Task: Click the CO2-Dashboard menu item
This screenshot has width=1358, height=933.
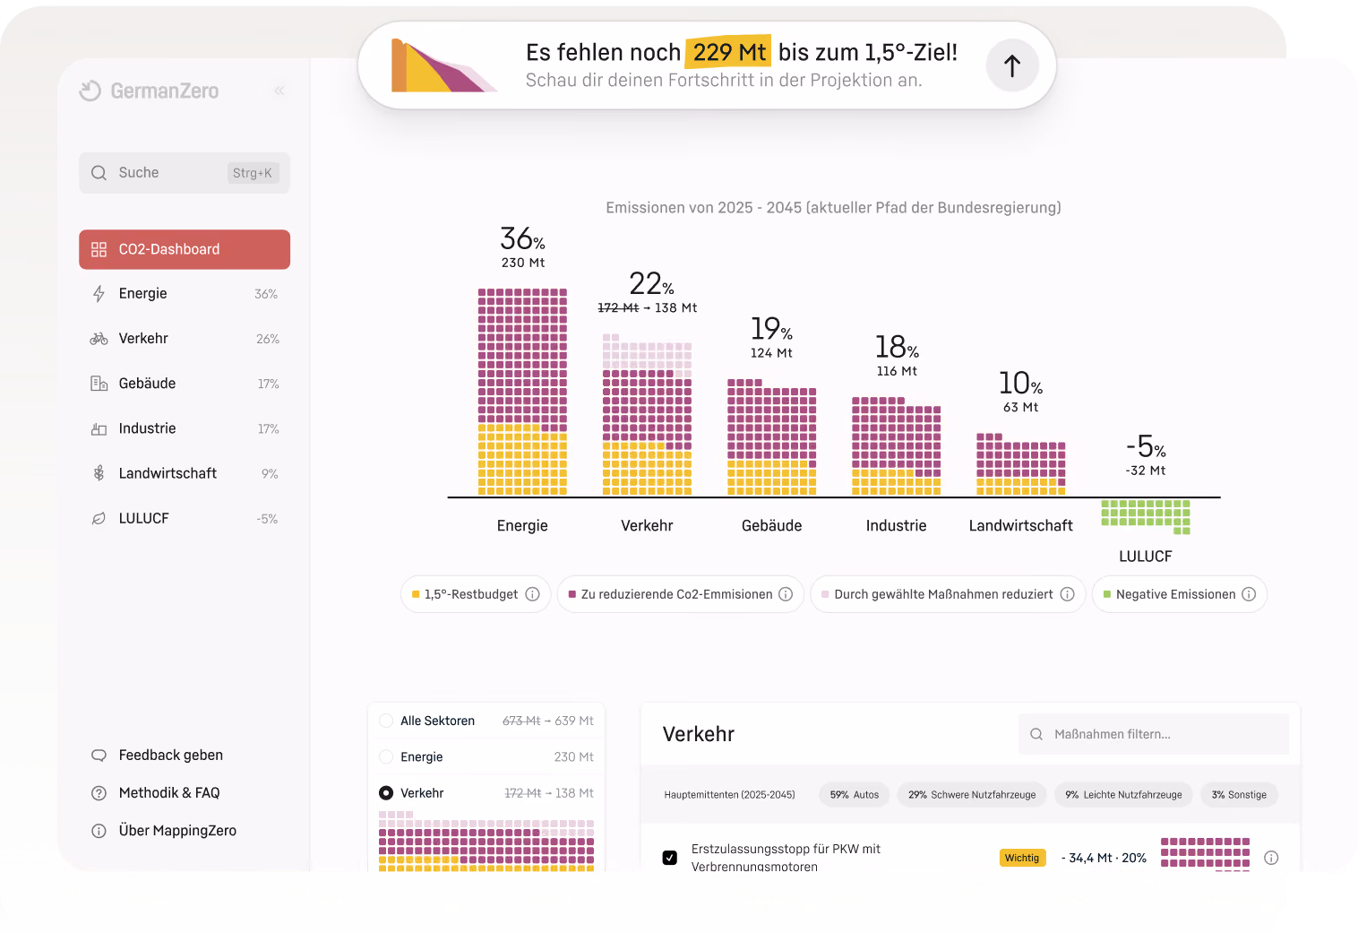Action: point(185,249)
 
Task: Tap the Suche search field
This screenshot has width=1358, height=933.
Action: point(185,173)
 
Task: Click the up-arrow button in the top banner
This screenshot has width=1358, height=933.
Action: point(1012,65)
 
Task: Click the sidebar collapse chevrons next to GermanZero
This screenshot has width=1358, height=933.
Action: point(279,91)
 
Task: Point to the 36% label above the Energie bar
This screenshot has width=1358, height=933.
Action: point(522,238)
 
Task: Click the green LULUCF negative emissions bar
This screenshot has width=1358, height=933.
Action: point(1145,516)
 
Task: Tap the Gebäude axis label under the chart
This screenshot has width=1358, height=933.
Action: point(771,525)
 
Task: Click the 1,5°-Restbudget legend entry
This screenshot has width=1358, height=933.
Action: point(476,594)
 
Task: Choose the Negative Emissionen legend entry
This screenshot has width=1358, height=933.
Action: point(1179,594)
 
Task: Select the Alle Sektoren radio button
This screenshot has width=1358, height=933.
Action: point(385,721)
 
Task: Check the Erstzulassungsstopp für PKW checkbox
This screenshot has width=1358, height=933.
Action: point(669,858)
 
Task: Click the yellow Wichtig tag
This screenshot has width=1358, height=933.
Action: point(1022,858)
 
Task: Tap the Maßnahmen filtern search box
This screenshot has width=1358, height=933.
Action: point(1154,734)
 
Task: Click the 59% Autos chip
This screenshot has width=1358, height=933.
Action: point(855,795)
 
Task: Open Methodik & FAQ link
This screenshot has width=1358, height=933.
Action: point(169,793)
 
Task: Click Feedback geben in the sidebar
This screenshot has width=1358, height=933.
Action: point(171,756)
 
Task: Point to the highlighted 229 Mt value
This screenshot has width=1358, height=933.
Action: point(728,52)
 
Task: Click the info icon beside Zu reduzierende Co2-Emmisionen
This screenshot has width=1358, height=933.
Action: point(786,594)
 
